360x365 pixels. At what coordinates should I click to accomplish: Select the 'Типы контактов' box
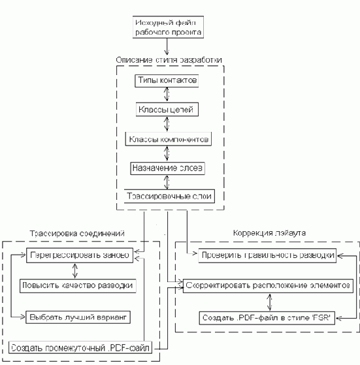[x=168, y=80]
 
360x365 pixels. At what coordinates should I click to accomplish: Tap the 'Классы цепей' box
[x=168, y=108]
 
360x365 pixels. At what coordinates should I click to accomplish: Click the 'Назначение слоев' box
[x=168, y=167]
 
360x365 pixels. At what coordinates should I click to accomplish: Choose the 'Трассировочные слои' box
[x=169, y=196]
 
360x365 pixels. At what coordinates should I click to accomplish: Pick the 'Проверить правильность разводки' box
[x=268, y=255]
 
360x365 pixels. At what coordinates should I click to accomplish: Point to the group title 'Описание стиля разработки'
[x=169, y=59]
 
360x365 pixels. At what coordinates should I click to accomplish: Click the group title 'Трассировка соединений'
[x=78, y=233]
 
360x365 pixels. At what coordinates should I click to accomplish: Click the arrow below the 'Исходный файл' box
[x=169, y=46]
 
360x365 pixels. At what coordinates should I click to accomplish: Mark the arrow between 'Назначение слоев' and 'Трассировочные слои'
[x=168, y=182]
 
